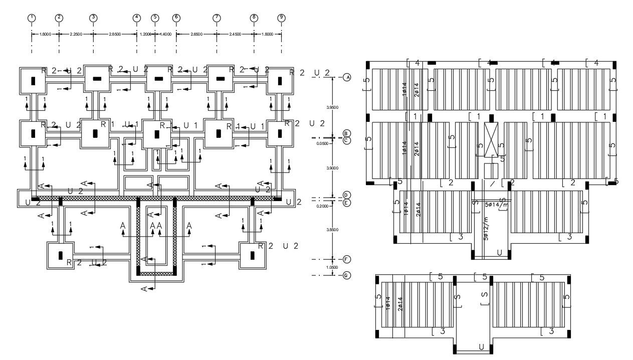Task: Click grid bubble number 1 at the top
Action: [32, 18]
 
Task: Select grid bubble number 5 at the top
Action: [155, 18]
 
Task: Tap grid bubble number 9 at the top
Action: [281, 18]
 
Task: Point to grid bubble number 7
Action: [217, 18]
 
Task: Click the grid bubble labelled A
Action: [346, 77]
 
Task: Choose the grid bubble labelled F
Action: [346, 259]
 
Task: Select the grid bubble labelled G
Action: [346, 275]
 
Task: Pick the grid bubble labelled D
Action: [346, 195]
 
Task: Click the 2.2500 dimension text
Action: [76, 34]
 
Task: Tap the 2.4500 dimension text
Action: [235, 34]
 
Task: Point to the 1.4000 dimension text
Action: [165, 34]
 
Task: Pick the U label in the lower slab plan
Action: [481, 346]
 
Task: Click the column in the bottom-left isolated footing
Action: [61, 255]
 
